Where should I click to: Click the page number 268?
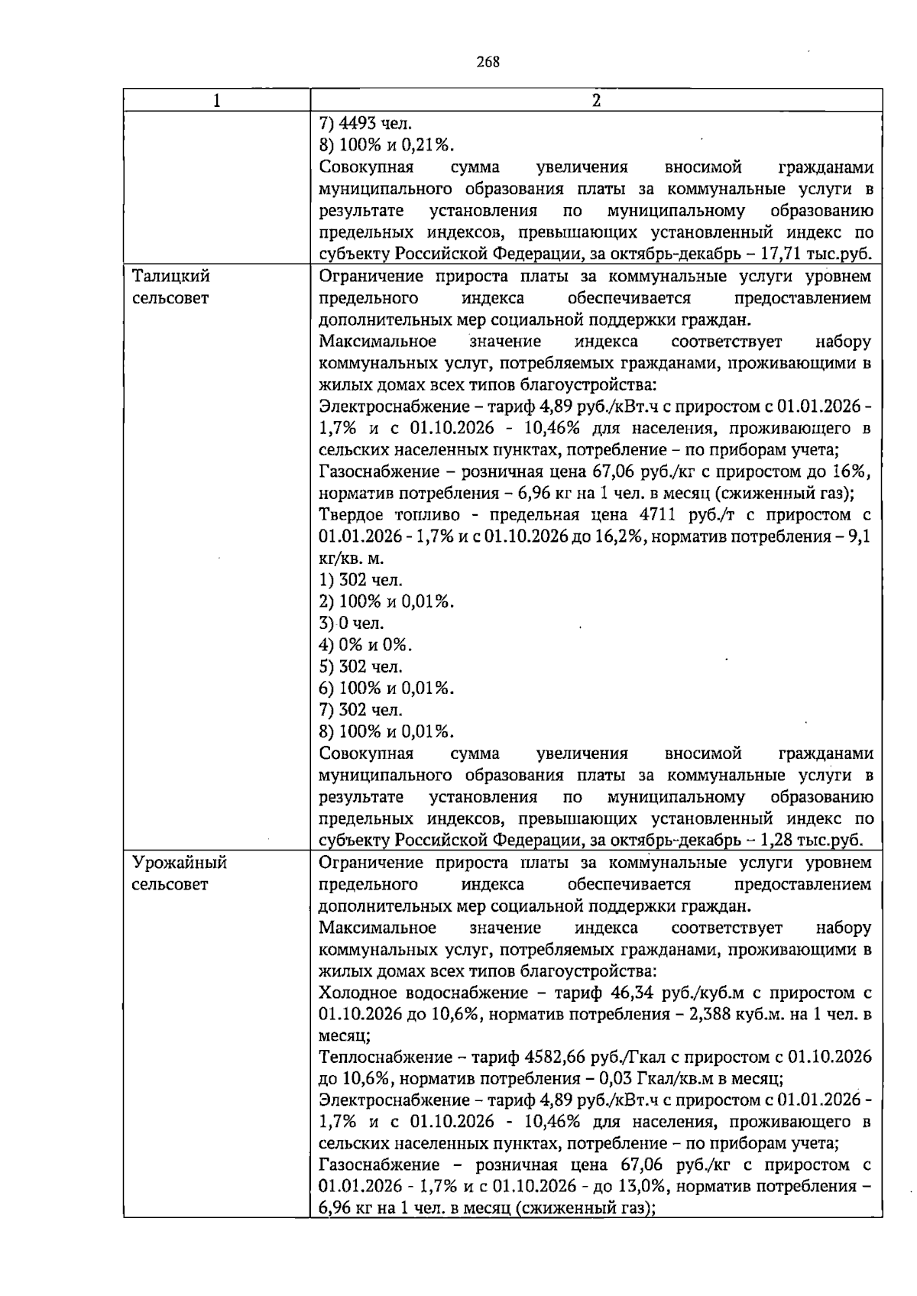click(488, 63)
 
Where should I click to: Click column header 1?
click(217, 101)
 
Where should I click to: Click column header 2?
click(596, 101)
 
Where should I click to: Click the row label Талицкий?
click(171, 276)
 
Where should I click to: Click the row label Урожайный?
click(180, 863)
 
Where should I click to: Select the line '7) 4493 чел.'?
click(365, 124)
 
